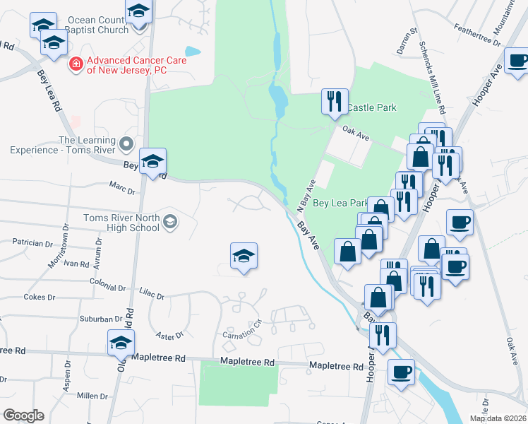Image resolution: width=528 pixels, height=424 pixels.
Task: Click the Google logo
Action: [x=23, y=416]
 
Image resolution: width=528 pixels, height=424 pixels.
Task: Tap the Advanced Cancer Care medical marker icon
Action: [x=75, y=64]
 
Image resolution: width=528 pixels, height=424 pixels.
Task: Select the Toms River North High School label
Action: [x=121, y=223]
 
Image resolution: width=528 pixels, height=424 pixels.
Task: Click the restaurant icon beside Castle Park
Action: [x=334, y=100]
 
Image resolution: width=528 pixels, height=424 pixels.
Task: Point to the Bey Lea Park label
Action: [x=340, y=203]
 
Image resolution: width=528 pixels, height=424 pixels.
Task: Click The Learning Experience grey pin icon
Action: [x=126, y=145]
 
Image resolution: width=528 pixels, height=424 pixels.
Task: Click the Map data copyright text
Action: [x=497, y=418]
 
